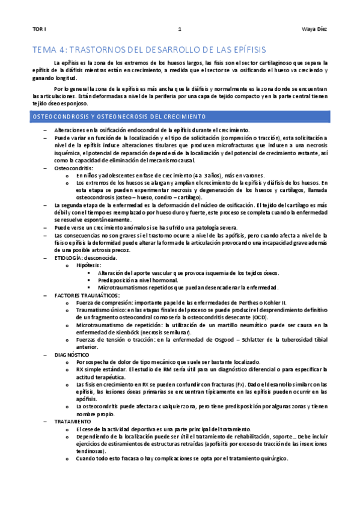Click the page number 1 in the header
[x=180, y=29]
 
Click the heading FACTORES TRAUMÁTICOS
[x=87, y=295]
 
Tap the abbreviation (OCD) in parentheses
[x=260, y=316]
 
